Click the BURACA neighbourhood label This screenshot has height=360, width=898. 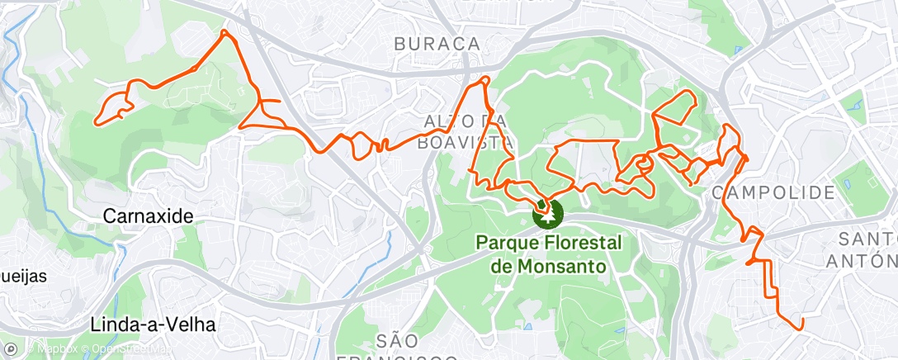[437, 44]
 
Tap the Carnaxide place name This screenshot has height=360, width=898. [149, 216]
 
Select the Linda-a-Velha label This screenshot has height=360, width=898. [154, 324]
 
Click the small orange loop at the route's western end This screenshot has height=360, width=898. [112, 107]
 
